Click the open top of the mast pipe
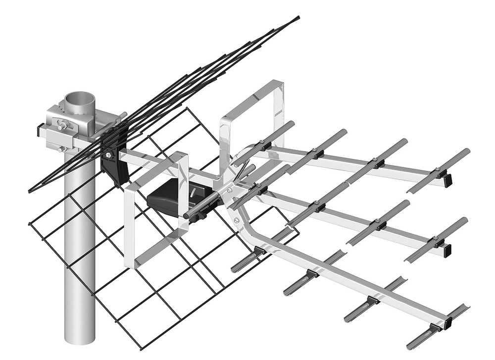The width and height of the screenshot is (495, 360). point(80,98)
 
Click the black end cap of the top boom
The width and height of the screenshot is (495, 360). point(448,181)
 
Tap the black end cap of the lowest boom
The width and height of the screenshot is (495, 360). point(448,325)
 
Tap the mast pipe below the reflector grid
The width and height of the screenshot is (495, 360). point(79,317)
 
